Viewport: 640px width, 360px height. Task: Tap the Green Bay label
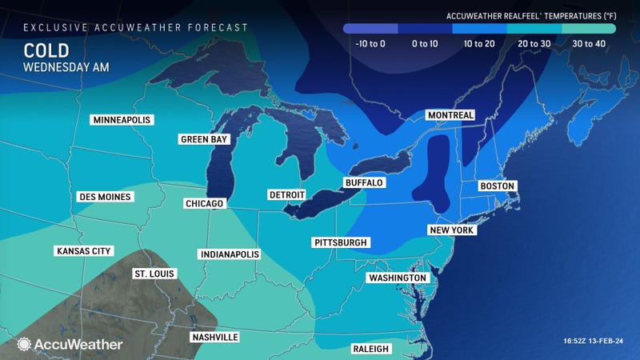[x=203, y=139]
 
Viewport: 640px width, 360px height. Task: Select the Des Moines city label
[x=104, y=197]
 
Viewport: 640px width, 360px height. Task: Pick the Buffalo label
[x=364, y=182]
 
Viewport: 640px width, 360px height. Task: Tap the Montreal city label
[x=450, y=115]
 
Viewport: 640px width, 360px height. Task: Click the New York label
[x=453, y=230]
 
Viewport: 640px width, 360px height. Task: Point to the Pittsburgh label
[x=340, y=242]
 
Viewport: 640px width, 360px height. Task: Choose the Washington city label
[x=398, y=278]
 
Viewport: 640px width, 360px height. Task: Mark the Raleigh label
[x=370, y=349]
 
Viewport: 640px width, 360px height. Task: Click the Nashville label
[x=214, y=338]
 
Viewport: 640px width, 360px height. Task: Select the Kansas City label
[x=82, y=251]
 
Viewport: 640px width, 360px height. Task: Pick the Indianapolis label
[x=230, y=254]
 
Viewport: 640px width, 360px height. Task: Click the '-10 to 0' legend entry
[x=370, y=42]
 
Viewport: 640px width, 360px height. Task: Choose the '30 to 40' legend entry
[x=589, y=42]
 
